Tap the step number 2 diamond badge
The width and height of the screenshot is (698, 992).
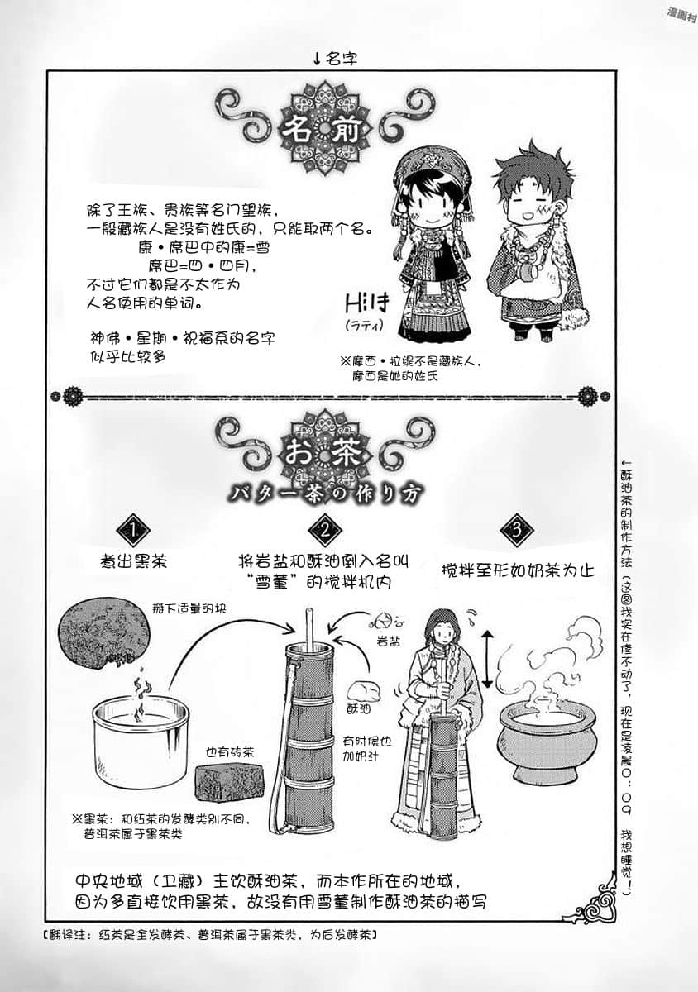click(323, 530)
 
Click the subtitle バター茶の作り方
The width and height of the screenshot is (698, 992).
click(329, 491)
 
